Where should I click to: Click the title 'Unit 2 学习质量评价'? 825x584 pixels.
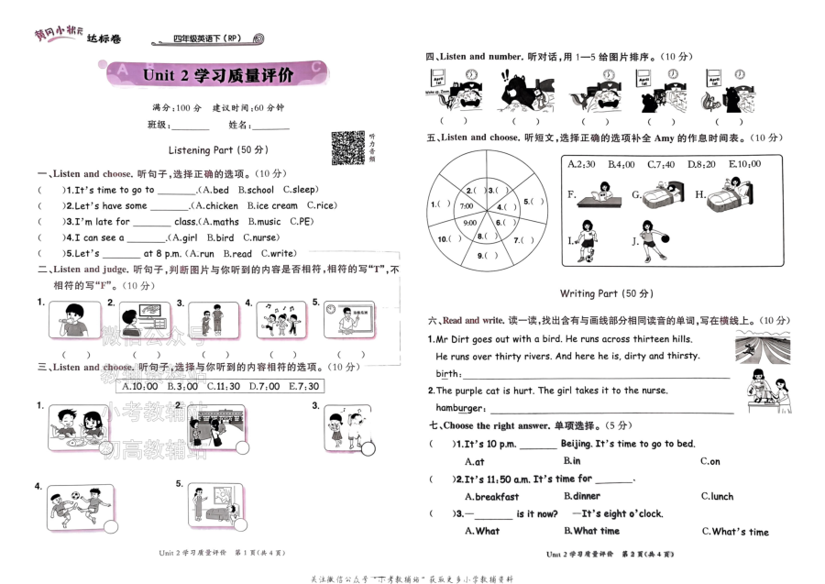pos(217,75)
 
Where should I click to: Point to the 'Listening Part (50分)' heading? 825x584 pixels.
pos(218,149)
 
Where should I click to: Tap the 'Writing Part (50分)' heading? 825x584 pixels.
pos(605,293)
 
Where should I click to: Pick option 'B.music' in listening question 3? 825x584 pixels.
pos(264,221)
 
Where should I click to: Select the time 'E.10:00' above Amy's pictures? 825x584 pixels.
pos(744,164)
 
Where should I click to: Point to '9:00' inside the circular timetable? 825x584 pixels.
pos(469,223)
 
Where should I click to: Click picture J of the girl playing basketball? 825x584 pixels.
pos(650,240)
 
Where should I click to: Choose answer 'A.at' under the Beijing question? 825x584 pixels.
pos(475,461)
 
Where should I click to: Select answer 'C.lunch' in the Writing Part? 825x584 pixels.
pos(717,496)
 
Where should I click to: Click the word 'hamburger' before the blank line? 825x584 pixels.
pos(458,407)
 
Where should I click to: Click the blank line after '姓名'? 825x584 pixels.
pos(270,126)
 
